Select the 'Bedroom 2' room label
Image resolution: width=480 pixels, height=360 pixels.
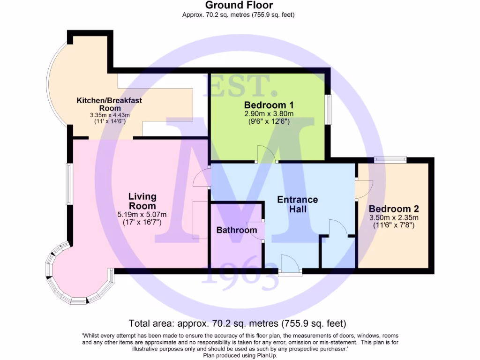tap(394, 209)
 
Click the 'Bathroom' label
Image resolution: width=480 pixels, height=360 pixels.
tap(237, 230)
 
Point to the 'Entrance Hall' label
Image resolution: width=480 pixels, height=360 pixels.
tap(298, 204)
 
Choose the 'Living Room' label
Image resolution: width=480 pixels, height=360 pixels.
tap(142, 201)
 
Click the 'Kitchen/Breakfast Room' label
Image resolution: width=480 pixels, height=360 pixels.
tap(109, 104)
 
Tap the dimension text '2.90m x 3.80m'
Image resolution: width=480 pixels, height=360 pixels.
tap(269, 114)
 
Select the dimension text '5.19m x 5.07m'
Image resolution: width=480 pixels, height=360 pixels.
tap(142, 215)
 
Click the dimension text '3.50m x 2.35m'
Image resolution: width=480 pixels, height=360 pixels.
tap(394, 217)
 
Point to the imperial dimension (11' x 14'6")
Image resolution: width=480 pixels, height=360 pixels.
tap(109, 121)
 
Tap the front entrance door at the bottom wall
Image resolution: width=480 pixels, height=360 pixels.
tap(290, 264)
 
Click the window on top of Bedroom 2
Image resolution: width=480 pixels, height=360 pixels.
tap(390, 160)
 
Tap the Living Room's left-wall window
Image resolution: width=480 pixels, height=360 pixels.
tap(69, 184)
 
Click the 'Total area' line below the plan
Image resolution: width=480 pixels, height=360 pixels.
tap(237, 323)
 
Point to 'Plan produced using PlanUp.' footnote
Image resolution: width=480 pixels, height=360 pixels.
tap(240, 355)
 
